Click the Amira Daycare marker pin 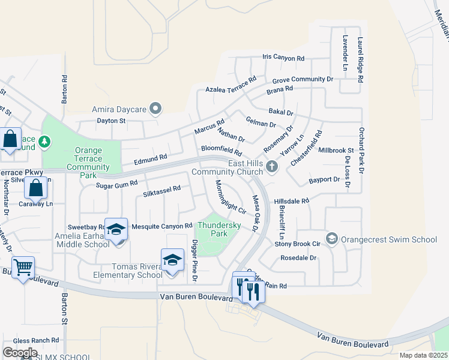156,109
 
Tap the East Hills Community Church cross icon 272,167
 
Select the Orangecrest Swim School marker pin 332,239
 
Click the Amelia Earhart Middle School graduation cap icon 116,229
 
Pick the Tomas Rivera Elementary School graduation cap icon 172,260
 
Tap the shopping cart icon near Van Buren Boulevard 23,267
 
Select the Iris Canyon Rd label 283,58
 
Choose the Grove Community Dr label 303,79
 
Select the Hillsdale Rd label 291,201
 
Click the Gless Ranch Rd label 37,340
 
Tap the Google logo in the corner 20,353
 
